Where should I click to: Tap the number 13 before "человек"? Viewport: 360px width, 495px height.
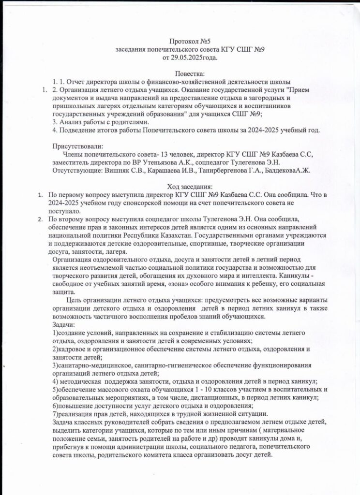(148, 155)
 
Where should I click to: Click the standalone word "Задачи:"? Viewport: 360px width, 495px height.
(62, 325)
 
